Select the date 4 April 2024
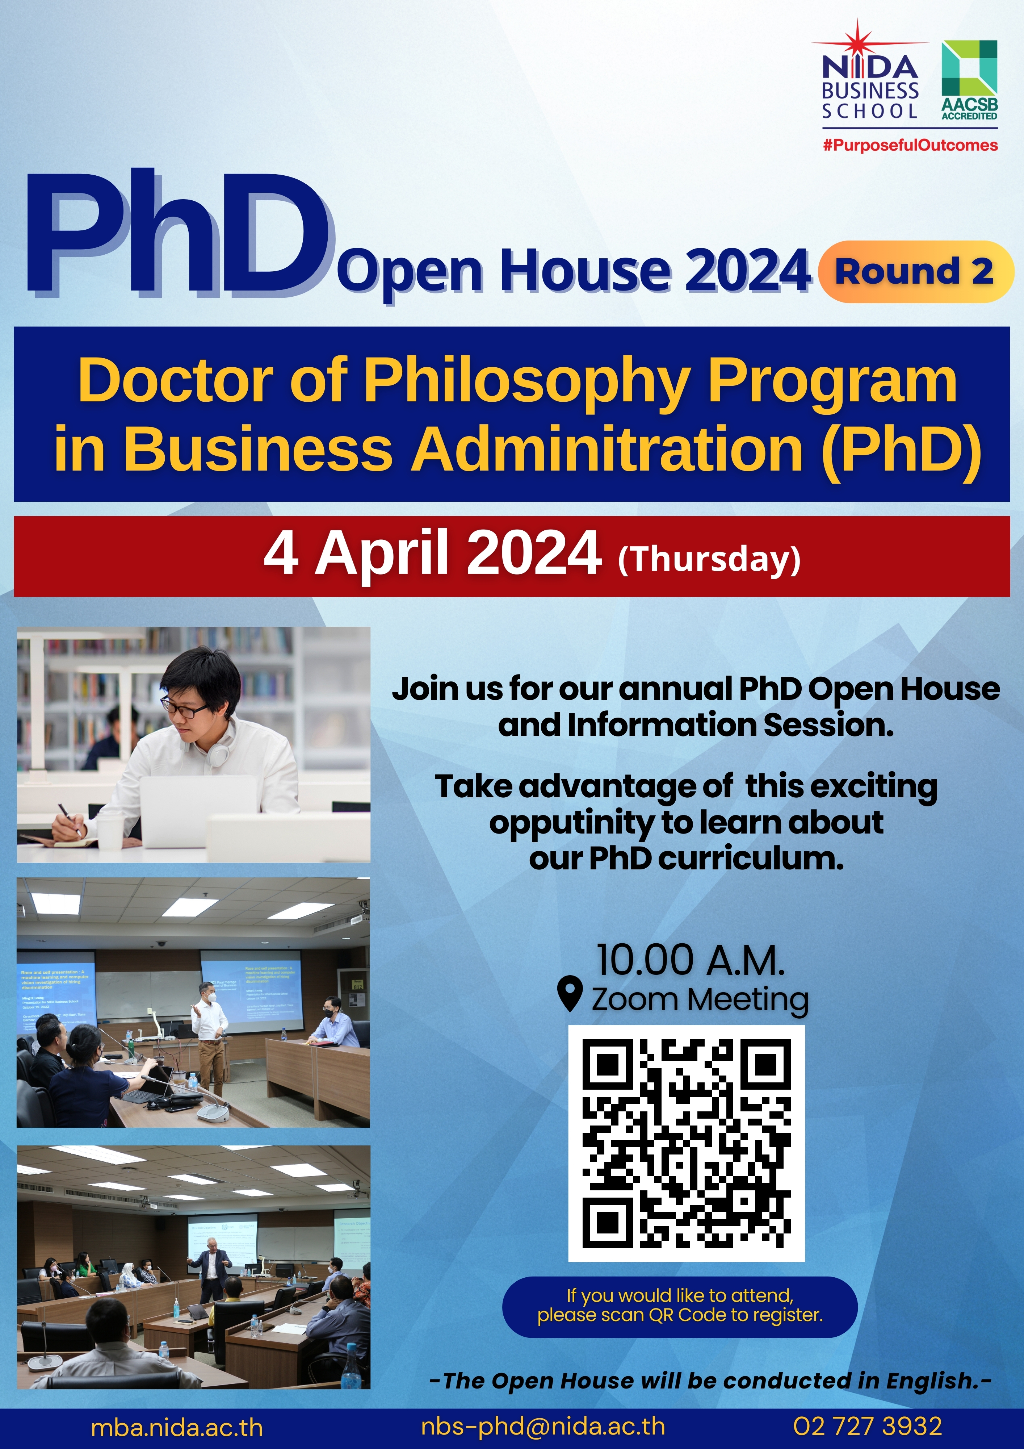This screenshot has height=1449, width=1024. (x=432, y=554)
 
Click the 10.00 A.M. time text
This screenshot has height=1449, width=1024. (x=691, y=961)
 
